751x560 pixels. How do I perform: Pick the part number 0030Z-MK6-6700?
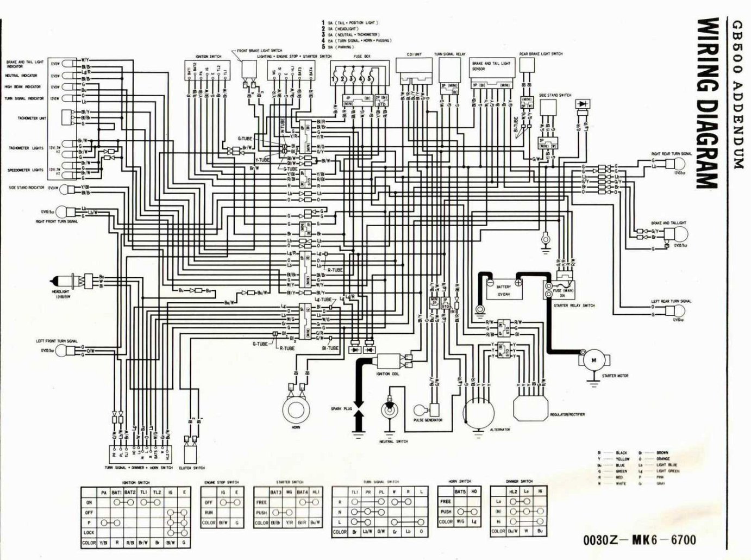pyautogui.click(x=639, y=540)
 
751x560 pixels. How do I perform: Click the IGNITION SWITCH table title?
pyautogui.click(x=136, y=482)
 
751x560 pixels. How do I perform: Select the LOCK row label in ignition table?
pyautogui.click(x=89, y=532)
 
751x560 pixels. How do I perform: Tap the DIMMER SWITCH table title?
pyautogui.click(x=520, y=481)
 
